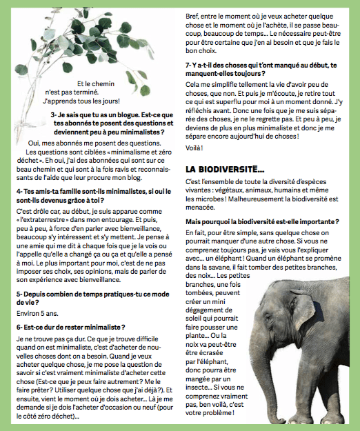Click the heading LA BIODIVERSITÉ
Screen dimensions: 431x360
coord(225,168)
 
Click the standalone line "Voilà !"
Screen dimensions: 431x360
coord(195,148)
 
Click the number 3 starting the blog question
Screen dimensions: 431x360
coord(52,114)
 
